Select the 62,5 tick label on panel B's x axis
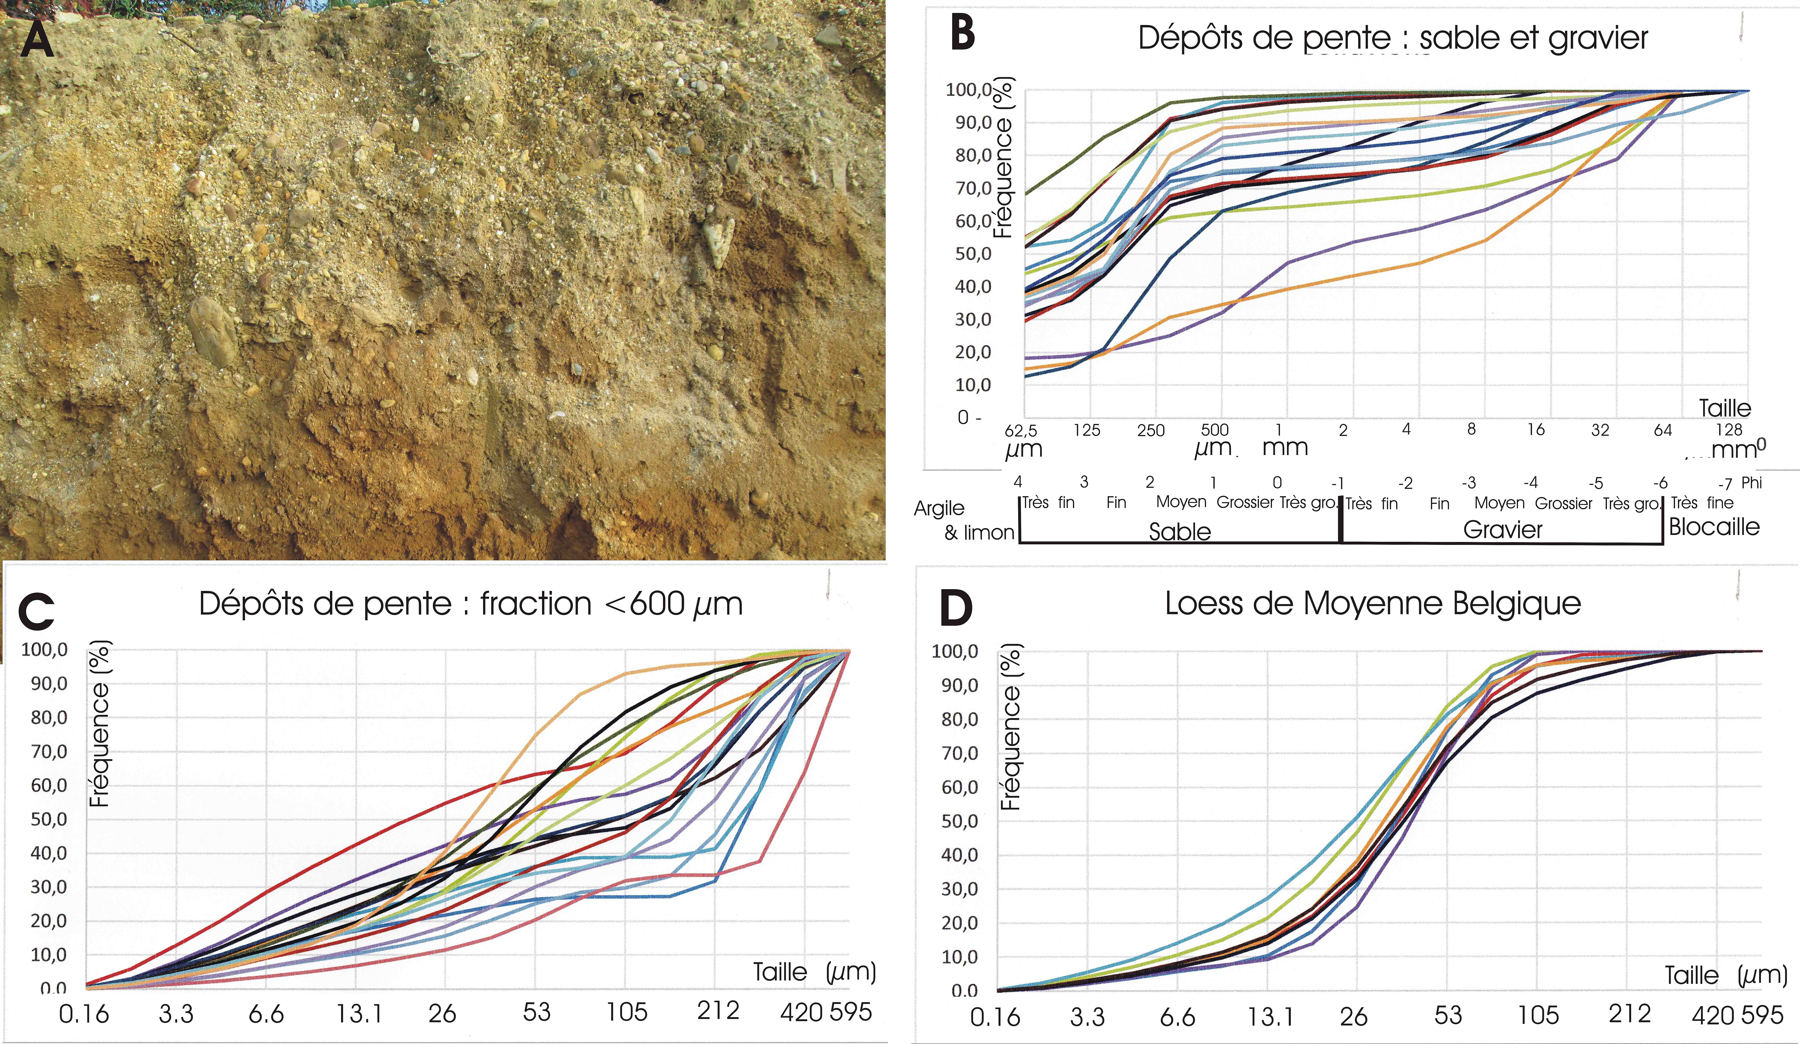tap(1021, 430)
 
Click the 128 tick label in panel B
tap(1729, 429)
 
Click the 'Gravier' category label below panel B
tap(1503, 530)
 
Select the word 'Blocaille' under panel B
tap(1714, 527)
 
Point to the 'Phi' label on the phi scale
tap(1751, 482)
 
